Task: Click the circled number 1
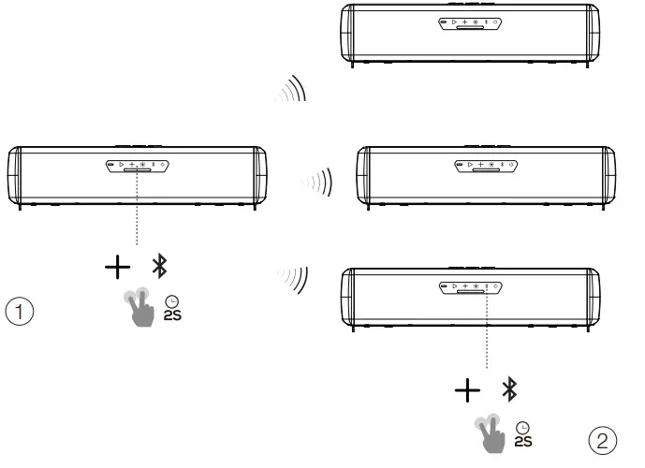tap(20, 311)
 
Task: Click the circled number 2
tap(603, 441)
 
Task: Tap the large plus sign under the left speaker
tap(118, 267)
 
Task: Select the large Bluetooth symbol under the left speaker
tap(159, 266)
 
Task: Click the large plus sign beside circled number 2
tap(468, 390)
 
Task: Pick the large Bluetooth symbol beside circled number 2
tap(509, 389)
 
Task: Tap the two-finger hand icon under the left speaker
tap(139, 307)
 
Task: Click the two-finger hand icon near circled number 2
tap(490, 433)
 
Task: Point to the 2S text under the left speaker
tap(172, 315)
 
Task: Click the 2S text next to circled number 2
tap(523, 441)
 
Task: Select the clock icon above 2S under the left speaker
tap(172, 301)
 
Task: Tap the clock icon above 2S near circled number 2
tap(522, 428)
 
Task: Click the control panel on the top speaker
tap(470, 23)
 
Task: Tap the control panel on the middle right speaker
tap(486, 166)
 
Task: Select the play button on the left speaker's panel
tap(122, 165)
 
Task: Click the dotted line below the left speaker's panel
tap(137, 207)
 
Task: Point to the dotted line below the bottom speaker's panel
tap(487, 328)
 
